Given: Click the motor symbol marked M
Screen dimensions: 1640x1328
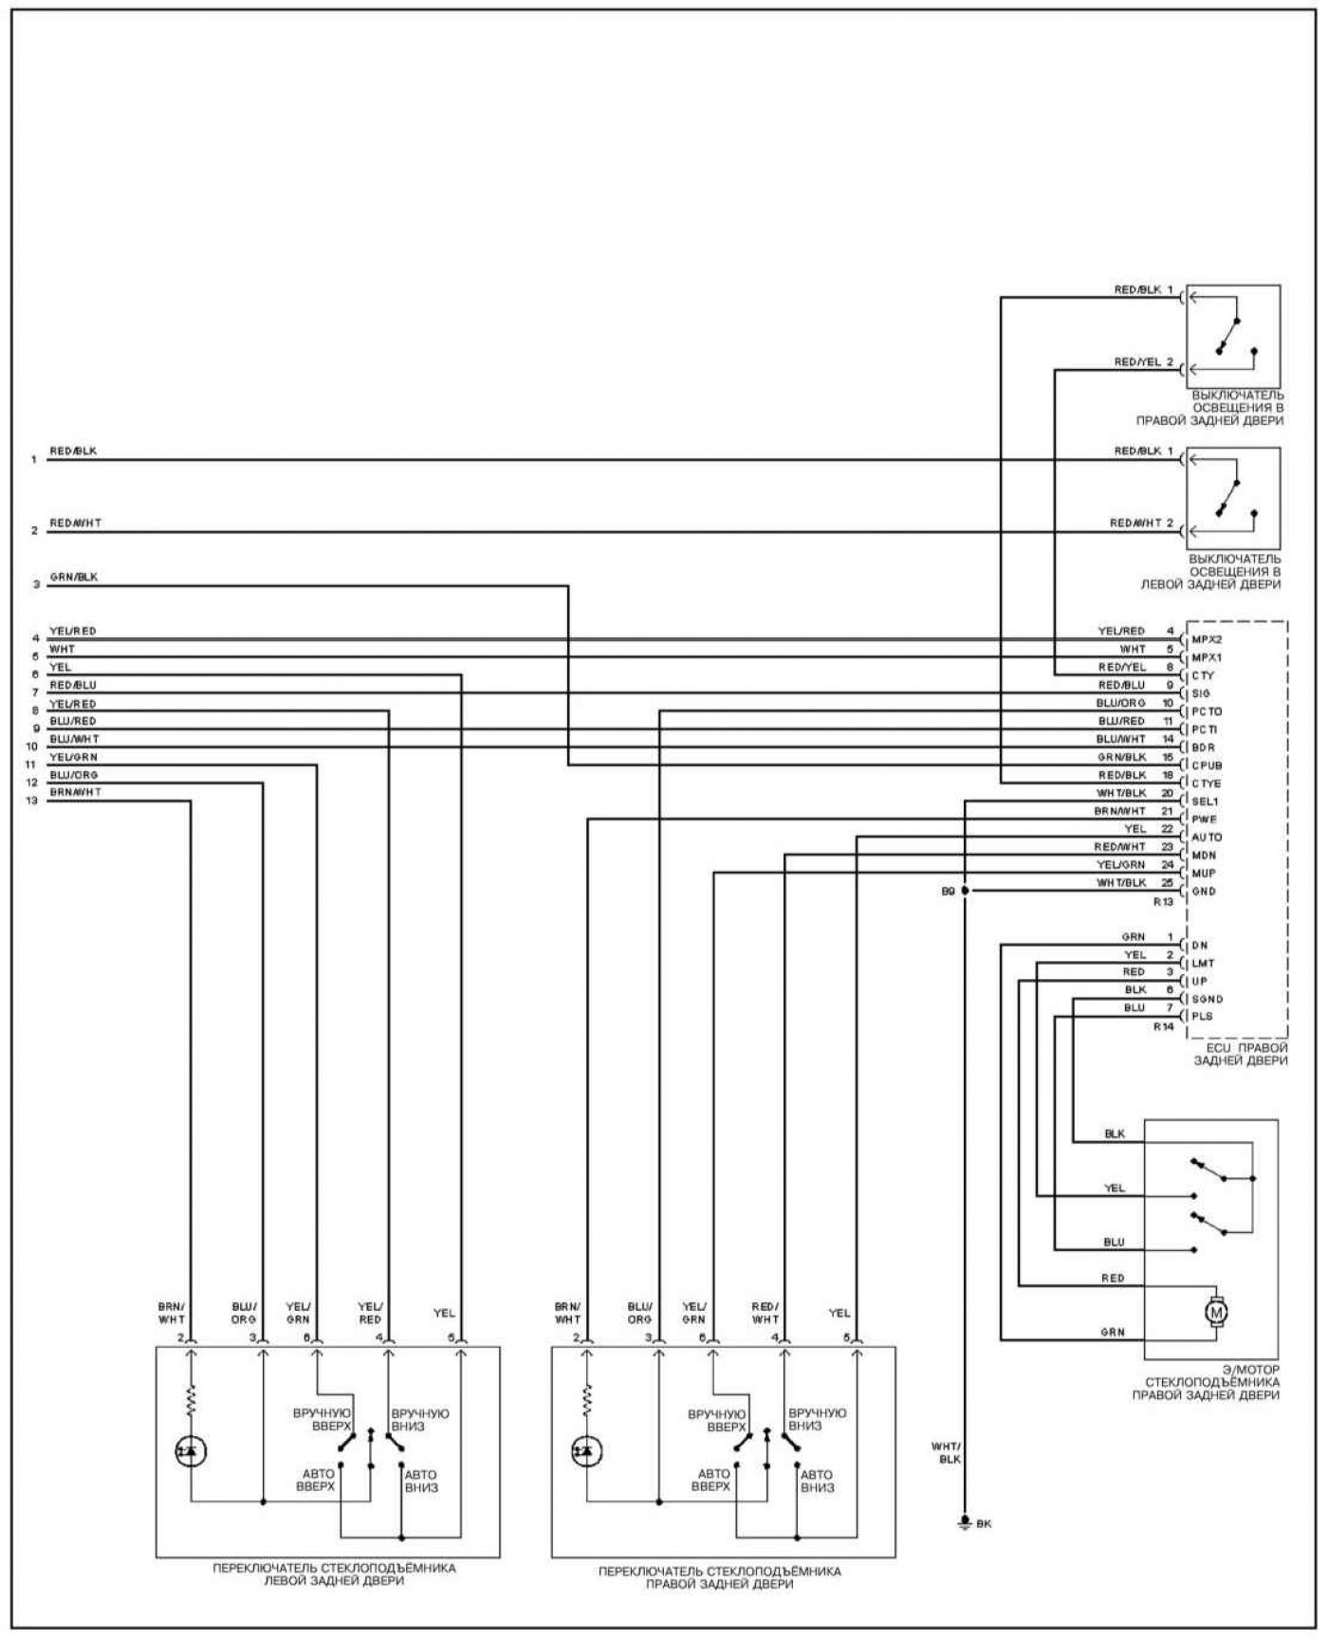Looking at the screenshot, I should point(1215,1312).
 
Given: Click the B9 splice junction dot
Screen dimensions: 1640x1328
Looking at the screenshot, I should point(965,891).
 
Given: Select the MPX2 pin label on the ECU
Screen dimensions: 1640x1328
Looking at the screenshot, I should point(1207,639).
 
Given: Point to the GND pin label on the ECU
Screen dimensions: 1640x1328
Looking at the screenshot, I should point(1204,892).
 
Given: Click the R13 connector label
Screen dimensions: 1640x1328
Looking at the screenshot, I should point(1163,902).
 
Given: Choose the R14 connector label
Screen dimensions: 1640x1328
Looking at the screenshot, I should point(1163,1026).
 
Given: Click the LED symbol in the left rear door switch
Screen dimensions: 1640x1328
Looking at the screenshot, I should point(191,1450).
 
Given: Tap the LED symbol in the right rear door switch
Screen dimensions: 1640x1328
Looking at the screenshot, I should point(587,1450).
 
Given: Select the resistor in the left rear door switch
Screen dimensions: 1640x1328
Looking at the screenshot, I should point(191,1399).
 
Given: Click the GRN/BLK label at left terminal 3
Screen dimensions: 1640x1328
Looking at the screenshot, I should point(73,577).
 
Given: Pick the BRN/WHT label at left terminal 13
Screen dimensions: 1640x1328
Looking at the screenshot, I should point(75,792).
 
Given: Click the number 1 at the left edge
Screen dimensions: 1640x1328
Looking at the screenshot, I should point(34,460).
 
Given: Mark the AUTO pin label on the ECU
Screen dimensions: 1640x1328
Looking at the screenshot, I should point(1207,838).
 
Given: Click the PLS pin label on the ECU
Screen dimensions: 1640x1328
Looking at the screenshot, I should point(1202,1016).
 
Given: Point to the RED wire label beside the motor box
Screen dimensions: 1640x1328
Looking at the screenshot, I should point(1113,1279).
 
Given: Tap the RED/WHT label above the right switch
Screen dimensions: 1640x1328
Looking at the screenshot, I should point(765,1313).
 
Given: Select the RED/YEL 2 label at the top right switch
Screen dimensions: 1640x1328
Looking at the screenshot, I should point(1143,362).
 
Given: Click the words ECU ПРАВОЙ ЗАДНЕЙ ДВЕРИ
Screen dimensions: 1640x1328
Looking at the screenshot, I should point(1240,1055).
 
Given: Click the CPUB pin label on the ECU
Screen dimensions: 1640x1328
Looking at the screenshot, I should point(1207,765).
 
